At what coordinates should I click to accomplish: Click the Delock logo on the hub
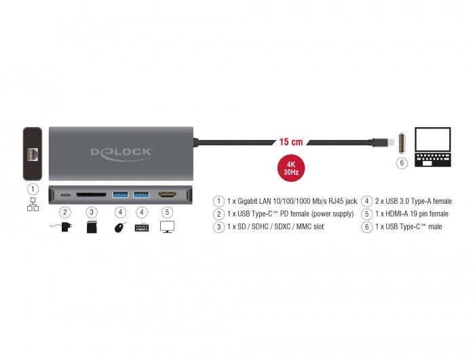click(121, 154)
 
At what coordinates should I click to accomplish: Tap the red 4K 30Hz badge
click(291, 168)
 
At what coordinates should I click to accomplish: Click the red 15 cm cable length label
click(291, 142)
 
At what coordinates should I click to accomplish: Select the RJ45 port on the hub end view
click(33, 155)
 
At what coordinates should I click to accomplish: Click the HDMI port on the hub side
click(167, 195)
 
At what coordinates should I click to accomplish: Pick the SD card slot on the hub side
click(91, 194)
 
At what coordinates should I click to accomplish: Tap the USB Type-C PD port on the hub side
click(65, 194)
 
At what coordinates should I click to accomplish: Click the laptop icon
click(433, 147)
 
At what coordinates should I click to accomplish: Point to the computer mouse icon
click(120, 227)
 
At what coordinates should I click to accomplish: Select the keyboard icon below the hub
click(142, 228)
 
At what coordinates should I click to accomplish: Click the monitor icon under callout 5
click(167, 227)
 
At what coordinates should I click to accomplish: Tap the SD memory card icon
click(92, 227)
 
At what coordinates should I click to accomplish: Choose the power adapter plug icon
click(61, 227)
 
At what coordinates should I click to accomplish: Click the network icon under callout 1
click(33, 204)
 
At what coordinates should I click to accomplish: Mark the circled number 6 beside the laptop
click(402, 163)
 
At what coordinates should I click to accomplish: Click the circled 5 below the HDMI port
click(167, 213)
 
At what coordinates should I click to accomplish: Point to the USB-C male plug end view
click(402, 143)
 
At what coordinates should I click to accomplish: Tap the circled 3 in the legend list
click(218, 227)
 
